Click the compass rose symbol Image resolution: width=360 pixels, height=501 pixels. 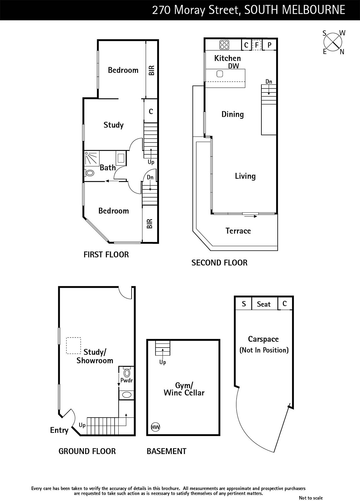pos(333,42)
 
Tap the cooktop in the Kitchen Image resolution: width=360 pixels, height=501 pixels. pos(224,44)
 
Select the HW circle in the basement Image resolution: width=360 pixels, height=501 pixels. pos(155,427)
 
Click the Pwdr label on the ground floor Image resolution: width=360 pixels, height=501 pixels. pos(126,380)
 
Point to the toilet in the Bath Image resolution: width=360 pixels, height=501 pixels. pos(90,173)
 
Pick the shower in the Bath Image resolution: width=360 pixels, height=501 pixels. pos(92,158)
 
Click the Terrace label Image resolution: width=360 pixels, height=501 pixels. pos(238,230)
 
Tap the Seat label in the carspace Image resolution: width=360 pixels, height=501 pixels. pos(264,304)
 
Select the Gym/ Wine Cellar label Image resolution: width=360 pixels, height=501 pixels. pos(184,389)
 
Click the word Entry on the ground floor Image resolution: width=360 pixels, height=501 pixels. pos(59,430)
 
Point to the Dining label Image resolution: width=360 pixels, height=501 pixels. pos(233,114)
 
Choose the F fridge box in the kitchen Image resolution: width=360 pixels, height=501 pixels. pos(257,45)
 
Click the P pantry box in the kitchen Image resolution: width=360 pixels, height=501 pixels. pos(269,45)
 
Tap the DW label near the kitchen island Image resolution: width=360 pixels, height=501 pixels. pos(234,66)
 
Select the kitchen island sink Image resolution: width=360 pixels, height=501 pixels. pos(220,74)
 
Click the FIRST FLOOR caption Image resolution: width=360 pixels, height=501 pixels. pos(106,255)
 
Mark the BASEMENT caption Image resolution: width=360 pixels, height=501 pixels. pos(167,451)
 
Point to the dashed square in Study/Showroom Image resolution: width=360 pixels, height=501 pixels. pos(74,346)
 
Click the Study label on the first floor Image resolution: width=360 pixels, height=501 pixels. pos(114,125)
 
